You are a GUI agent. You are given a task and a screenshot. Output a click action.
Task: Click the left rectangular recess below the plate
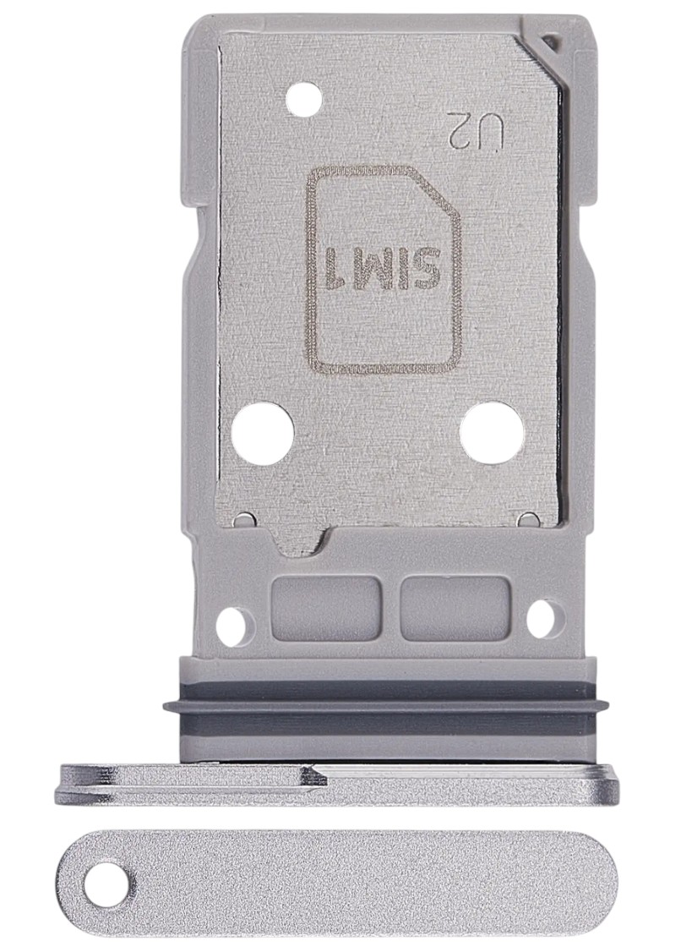click(326, 607)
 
